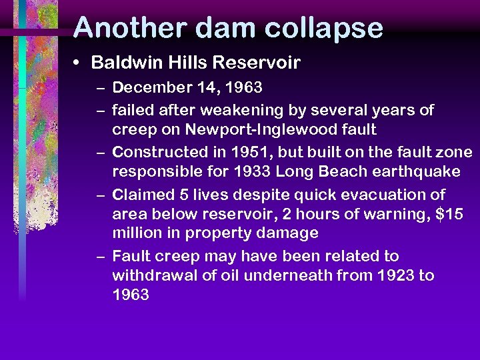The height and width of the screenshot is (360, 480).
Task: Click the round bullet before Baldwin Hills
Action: pos(78,63)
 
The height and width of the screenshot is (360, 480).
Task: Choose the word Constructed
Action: pos(157,151)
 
